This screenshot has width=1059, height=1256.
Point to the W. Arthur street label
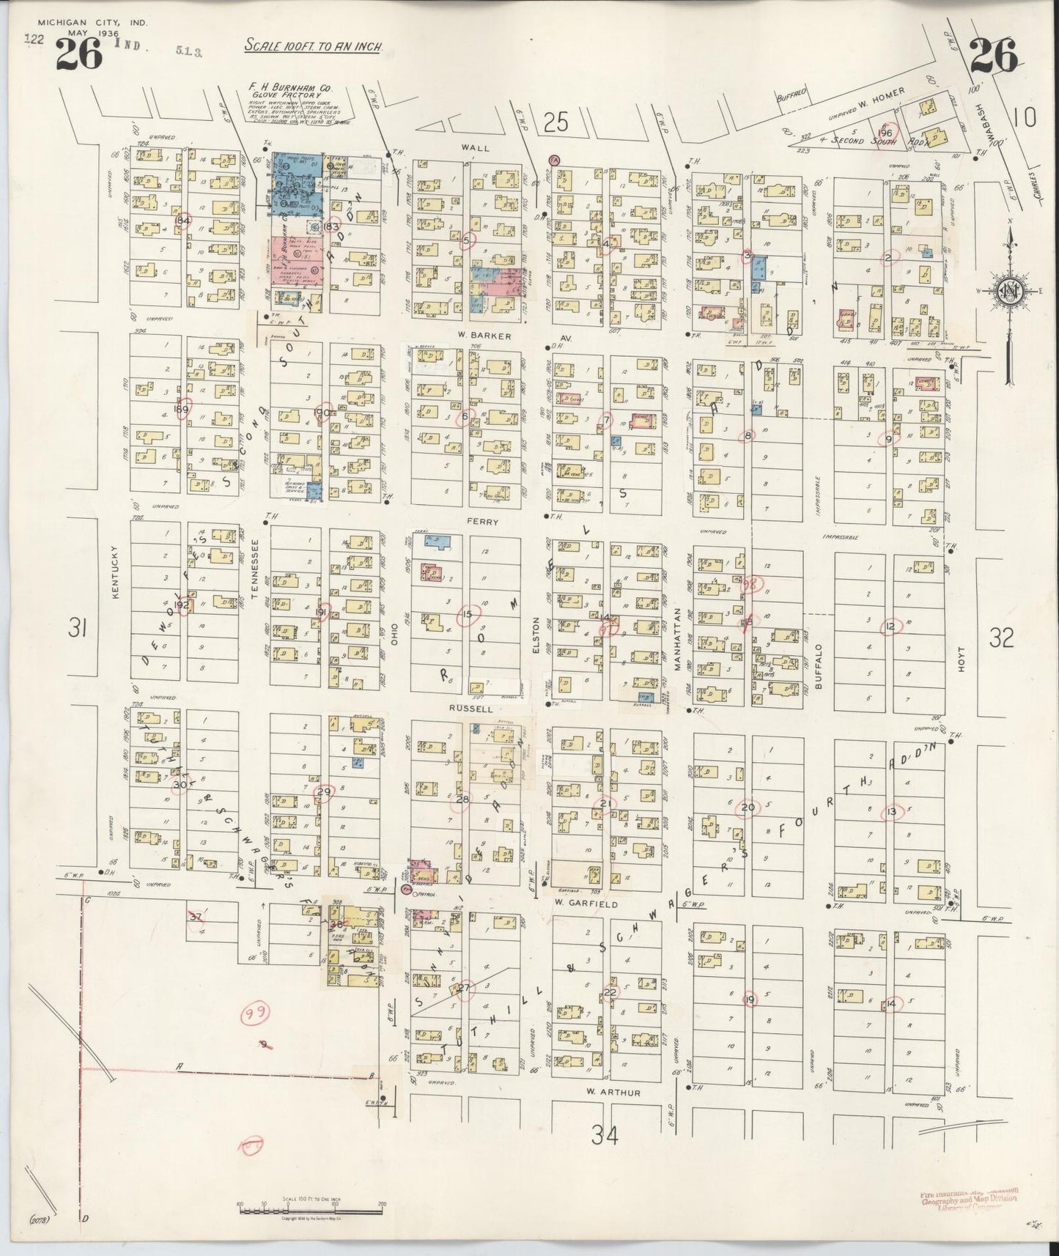point(614,1093)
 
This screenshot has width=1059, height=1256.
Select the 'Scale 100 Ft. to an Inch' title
point(313,46)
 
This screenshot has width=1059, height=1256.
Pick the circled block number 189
point(182,409)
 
